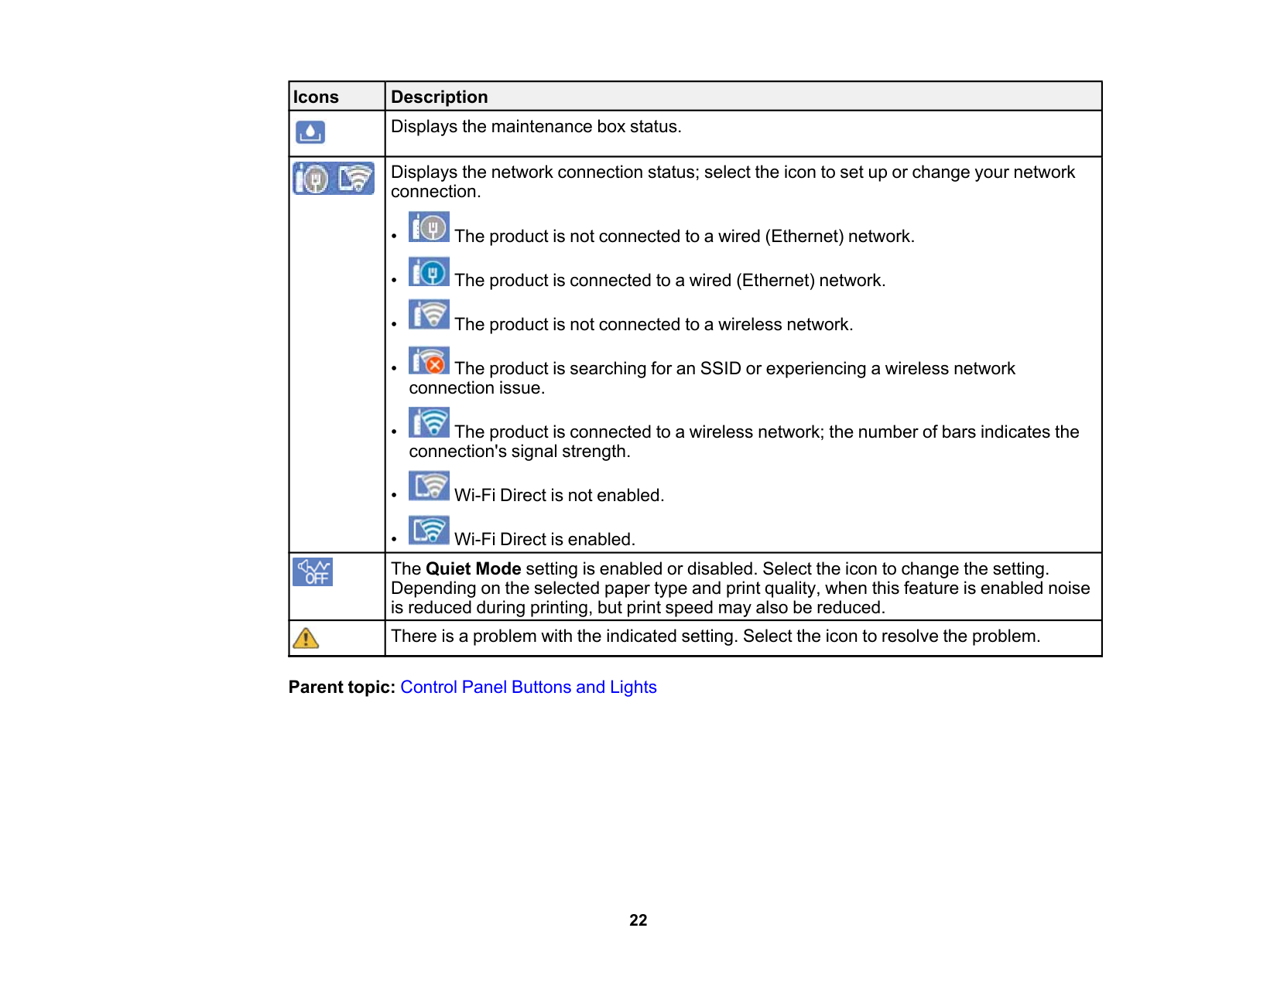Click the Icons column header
pyautogui.click(x=316, y=97)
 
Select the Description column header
pyautogui.click(x=439, y=97)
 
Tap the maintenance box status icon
pyautogui.click(x=310, y=133)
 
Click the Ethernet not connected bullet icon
pyautogui.click(x=429, y=228)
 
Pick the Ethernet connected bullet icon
pyautogui.click(x=429, y=272)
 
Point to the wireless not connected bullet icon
pyautogui.click(x=429, y=316)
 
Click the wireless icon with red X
pyautogui.click(x=429, y=360)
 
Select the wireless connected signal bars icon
pyautogui.click(x=429, y=423)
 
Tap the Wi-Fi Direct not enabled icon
pyautogui.click(x=429, y=486)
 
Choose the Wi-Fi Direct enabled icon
pyautogui.click(x=429, y=531)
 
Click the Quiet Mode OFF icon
pyautogui.click(x=313, y=572)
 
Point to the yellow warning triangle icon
pyautogui.click(x=306, y=638)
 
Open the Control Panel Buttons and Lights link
pyautogui.click(x=528, y=687)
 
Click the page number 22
pyautogui.click(x=638, y=920)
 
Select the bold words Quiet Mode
pyautogui.click(x=473, y=569)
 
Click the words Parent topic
pyautogui.click(x=341, y=687)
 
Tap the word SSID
pyautogui.click(x=720, y=369)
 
